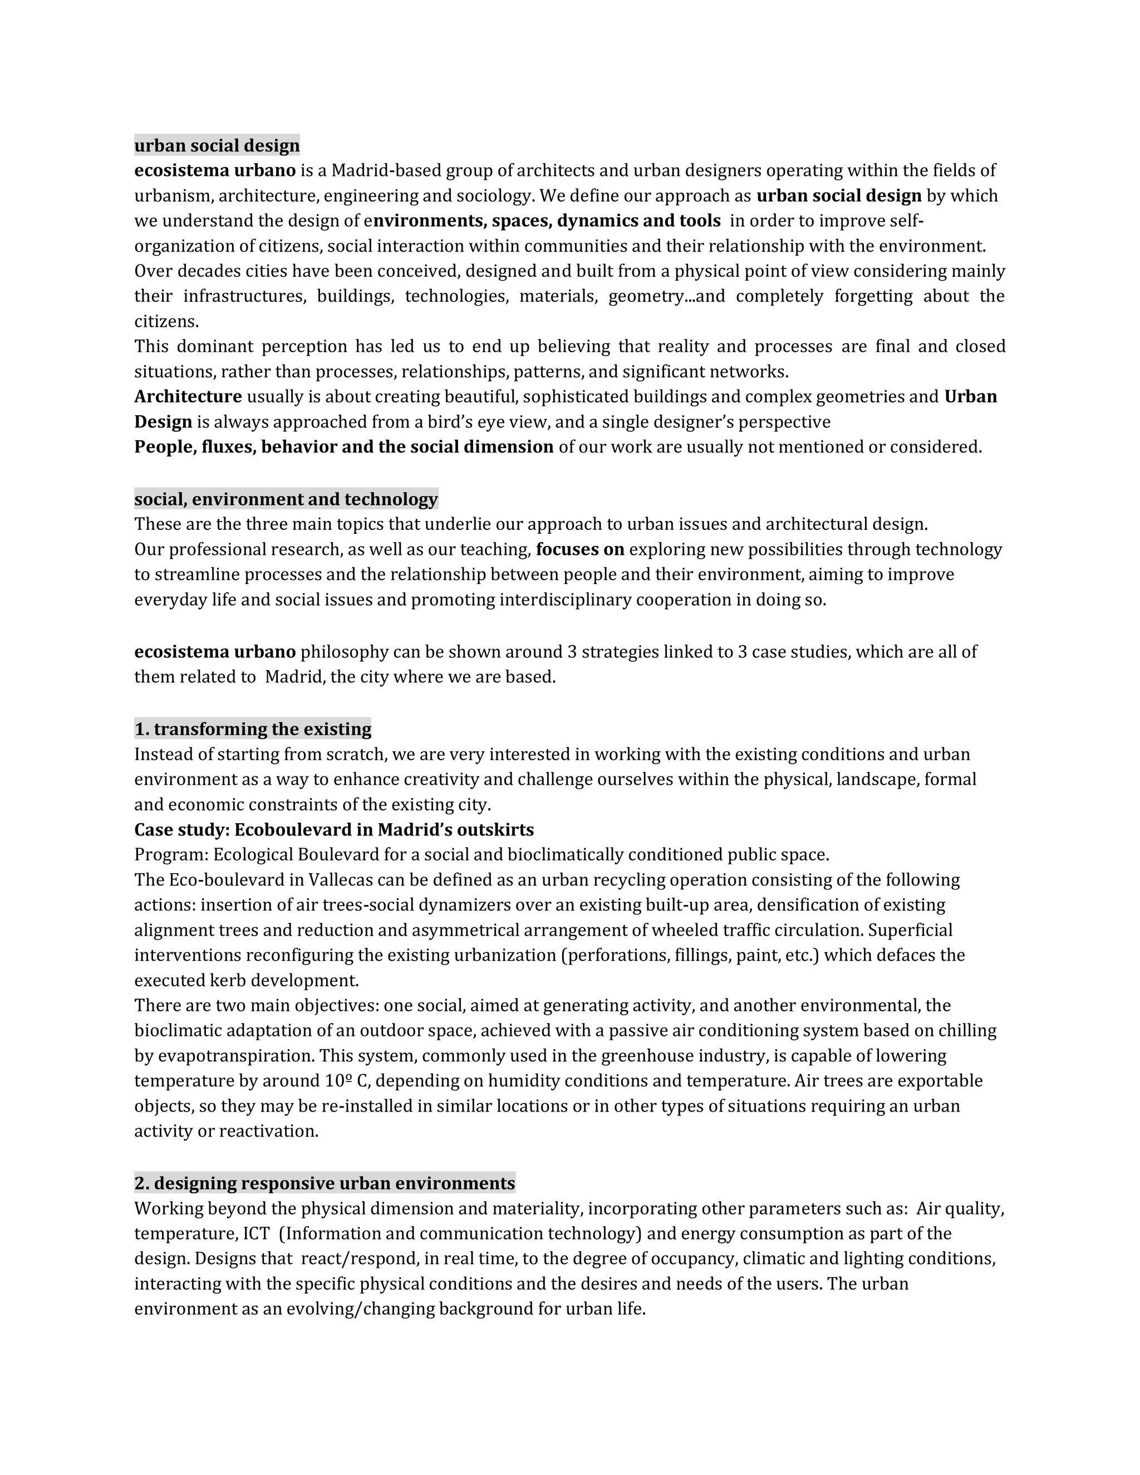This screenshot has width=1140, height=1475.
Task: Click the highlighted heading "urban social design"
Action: (x=217, y=145)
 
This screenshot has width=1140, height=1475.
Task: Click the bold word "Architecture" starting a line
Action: (x=188, y=396)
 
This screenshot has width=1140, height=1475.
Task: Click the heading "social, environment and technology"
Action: (x=286, y=499)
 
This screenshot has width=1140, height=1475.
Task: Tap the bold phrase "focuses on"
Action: (x=580, y=550)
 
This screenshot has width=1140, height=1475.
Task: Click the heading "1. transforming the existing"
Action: (x=253, y=729)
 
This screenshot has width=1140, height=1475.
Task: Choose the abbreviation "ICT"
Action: (x=256, y=1234)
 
